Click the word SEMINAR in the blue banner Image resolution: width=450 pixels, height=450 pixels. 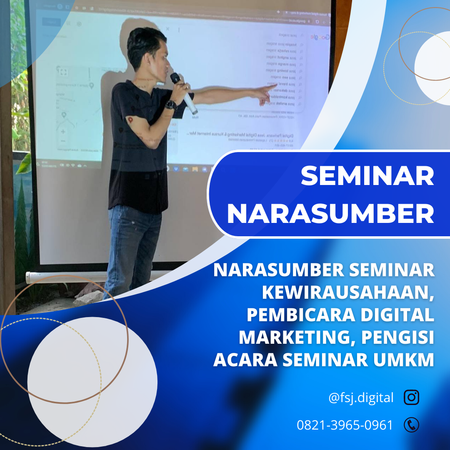tap(367, 176)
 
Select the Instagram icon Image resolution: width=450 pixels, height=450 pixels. tap(411, 397)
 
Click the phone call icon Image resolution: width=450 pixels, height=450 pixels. tap(411, 425)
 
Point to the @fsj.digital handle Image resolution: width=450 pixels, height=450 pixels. tap(361, 398)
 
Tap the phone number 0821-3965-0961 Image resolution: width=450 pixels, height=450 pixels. tap(345, 425)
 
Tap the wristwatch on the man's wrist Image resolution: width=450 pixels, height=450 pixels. tap(170, 105)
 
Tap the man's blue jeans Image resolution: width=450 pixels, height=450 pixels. tap(131, 250)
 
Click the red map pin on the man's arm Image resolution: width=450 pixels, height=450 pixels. tap(130, 120)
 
